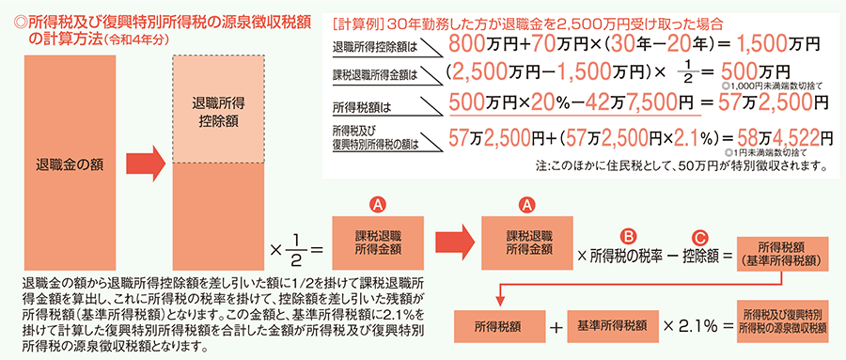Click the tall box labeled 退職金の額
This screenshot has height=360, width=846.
pos(70,162)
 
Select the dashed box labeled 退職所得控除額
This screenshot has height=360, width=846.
pos(218,108)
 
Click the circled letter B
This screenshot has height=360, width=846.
pos(628,236)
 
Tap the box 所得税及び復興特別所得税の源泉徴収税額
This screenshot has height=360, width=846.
pos(782,326)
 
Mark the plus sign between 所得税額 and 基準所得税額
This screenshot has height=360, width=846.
pos(554,327)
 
